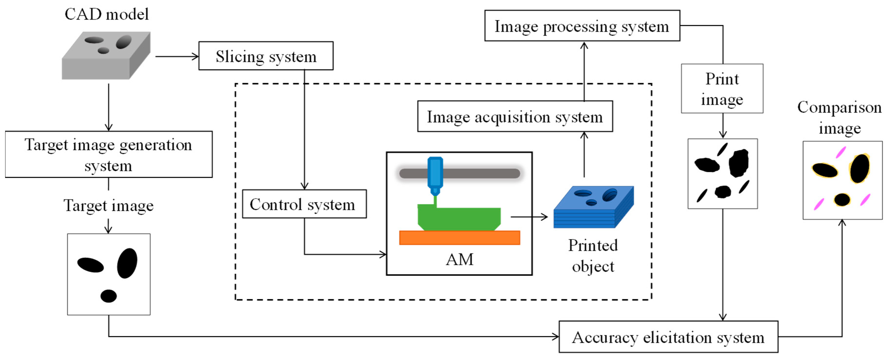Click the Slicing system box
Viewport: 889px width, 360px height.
point(266,56)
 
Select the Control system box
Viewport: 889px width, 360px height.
point(304,204)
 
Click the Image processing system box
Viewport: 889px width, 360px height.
point(582,26)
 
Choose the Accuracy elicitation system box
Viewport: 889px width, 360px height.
point(668,337)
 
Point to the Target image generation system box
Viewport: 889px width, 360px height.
point(108,154)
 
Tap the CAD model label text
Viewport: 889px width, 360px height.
point(107,14)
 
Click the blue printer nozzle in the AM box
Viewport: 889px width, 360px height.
point(435,174)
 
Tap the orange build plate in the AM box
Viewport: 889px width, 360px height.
point(459,238)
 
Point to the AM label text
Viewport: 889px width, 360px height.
point(459,259)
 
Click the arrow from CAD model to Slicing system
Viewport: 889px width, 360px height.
point(177,56)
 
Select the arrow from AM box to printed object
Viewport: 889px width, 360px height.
point(529,217)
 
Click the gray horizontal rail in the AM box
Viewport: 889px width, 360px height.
point(483,173)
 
